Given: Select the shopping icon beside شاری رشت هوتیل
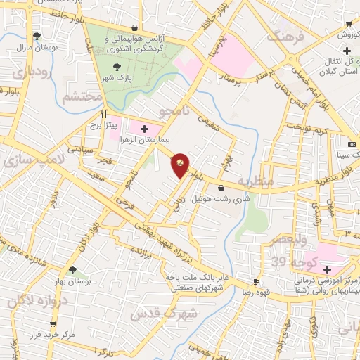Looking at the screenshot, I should (x=222, y=188).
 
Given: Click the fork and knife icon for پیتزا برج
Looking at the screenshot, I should (x=104, y=113).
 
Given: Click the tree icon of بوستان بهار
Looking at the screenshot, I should (x=72, y=269).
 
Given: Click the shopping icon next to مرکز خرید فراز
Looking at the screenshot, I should (x=53, y=324).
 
